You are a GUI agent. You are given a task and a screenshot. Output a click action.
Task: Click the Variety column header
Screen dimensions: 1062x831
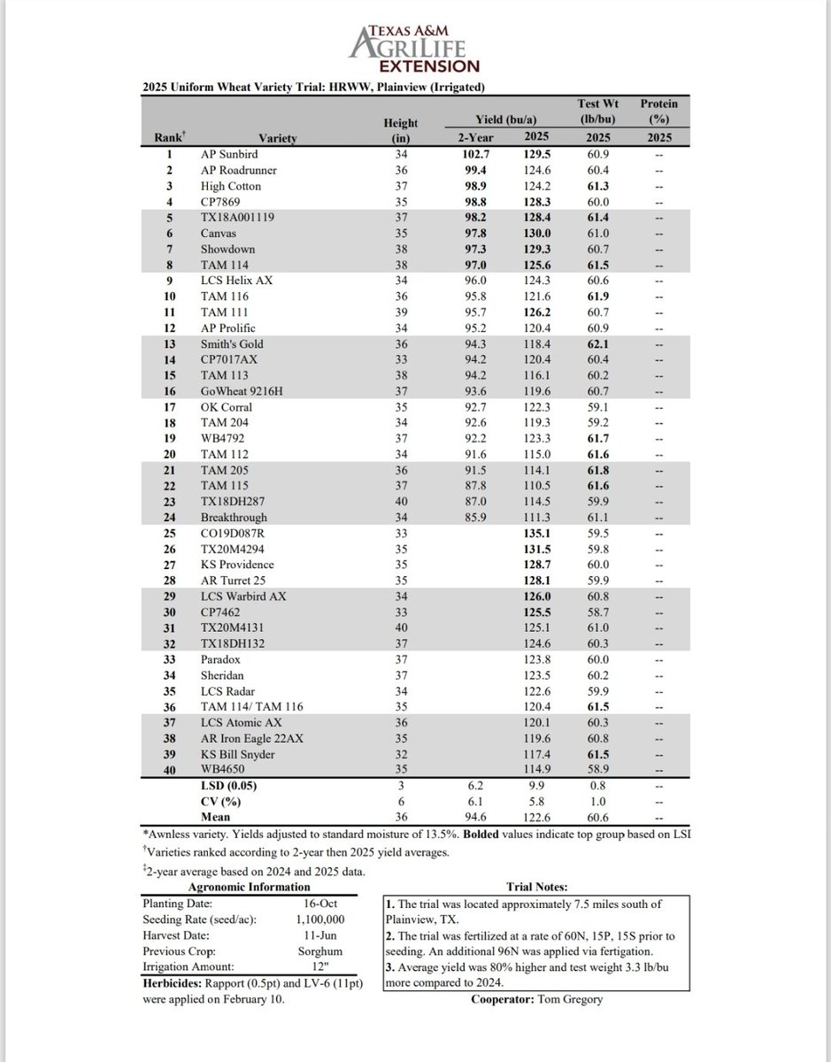click(x=278, y=138)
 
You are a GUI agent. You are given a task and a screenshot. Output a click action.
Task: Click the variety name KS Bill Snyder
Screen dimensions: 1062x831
click(x=237, y=755)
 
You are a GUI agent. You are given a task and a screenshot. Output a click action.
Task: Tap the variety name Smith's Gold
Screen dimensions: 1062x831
click(x=232, y=344)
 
